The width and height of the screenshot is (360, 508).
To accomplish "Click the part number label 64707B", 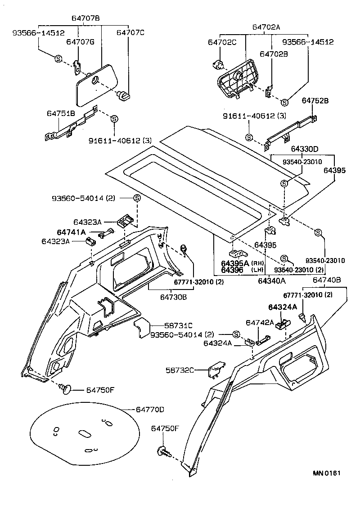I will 85,18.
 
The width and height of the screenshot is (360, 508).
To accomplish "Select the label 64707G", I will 80,42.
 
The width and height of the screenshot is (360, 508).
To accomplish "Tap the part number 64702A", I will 266,27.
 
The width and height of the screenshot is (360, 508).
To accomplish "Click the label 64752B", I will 315,101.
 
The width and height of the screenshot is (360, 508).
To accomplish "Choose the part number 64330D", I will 304,148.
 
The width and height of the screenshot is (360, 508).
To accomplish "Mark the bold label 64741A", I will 71,232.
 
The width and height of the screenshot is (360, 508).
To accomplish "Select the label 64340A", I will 272,281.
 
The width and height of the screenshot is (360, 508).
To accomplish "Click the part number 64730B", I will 174,297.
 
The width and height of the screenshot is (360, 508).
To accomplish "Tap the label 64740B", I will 327,280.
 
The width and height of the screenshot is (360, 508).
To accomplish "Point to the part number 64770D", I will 150,410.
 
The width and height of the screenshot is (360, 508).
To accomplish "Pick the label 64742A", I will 260,322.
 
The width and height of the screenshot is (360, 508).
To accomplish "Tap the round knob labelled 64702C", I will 218,66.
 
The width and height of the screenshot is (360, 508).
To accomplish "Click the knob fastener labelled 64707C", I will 123,95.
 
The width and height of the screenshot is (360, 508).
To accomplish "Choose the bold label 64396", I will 232,270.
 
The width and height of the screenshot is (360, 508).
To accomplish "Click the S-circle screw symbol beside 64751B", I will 114,119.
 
